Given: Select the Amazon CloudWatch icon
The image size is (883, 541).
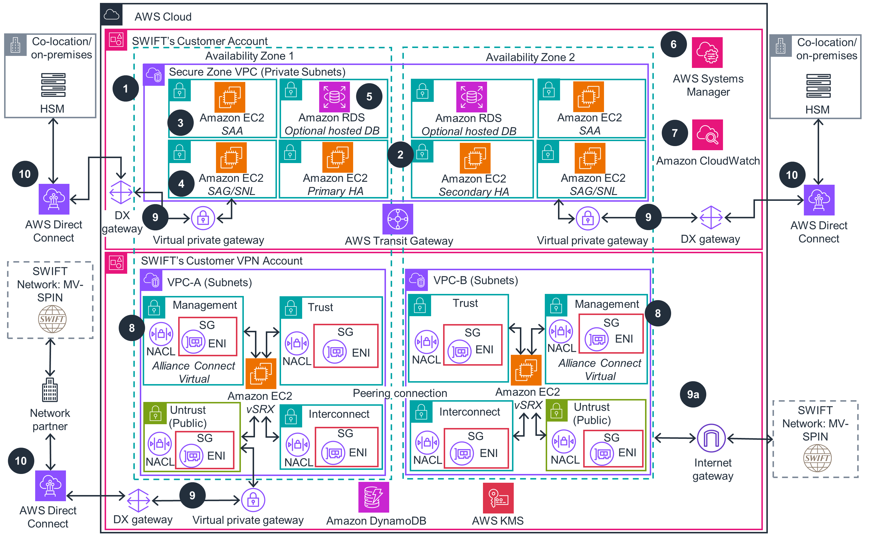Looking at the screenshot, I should point(707,135).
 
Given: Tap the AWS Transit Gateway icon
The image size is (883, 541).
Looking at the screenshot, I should point(397,219).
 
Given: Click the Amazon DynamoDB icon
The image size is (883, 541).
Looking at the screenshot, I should point(373,497).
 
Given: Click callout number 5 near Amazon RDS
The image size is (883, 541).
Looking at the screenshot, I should point(369,97).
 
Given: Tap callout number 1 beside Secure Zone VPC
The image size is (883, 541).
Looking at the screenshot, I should point(125,88).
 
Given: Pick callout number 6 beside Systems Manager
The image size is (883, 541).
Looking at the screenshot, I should point(673,44).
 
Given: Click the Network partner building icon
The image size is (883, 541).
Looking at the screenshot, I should point(50,390).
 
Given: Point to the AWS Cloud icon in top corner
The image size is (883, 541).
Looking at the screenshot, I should point(111,15).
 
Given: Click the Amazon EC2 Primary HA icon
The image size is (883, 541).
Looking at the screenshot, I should point(337,157).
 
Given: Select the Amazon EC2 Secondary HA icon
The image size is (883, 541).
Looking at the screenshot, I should point(475,158).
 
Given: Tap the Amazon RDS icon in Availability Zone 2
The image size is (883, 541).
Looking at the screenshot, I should point(471,97).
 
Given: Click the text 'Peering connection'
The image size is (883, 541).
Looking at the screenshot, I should point(399,393).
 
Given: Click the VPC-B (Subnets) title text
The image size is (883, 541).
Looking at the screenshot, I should point(476,280).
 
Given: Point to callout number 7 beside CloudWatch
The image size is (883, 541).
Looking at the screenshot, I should point(674,133).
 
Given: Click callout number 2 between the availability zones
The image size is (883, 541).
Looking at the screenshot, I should point(400,155).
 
